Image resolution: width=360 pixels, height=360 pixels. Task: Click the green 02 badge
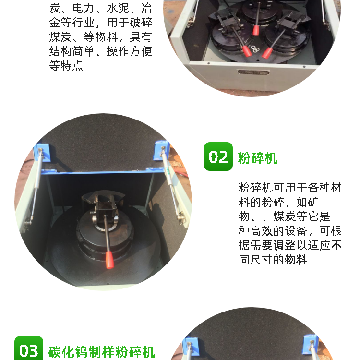click(218, 156)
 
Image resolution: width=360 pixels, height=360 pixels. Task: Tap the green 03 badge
click(29, 348)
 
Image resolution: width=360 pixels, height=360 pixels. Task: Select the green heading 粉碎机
click(257, 158)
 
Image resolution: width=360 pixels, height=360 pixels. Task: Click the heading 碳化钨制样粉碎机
click(101, 352)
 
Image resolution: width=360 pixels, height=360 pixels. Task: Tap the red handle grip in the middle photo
click(110, 260)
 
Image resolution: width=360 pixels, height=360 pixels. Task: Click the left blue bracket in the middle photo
click(42, 151)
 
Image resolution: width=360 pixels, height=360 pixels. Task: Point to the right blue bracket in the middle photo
click(162, 150)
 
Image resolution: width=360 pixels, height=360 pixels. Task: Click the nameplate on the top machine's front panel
click(253, 72)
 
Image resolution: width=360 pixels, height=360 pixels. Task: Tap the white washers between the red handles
click(254, 48)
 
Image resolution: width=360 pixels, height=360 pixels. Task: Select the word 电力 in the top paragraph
click(83, 9)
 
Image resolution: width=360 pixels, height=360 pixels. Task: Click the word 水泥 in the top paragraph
click(118, 9)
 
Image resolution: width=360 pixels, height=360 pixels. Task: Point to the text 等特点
click(66, 65)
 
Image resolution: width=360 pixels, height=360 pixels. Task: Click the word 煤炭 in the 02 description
click(285, 216)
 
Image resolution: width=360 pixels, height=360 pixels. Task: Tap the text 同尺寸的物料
click(273, 260)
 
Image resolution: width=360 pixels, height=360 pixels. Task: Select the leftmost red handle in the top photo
click(247, 51)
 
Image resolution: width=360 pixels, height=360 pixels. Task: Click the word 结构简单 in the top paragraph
click(72, 51)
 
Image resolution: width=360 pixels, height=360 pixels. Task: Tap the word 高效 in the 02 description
click(262, 231)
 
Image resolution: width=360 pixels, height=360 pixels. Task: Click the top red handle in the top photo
click(256, 30)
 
